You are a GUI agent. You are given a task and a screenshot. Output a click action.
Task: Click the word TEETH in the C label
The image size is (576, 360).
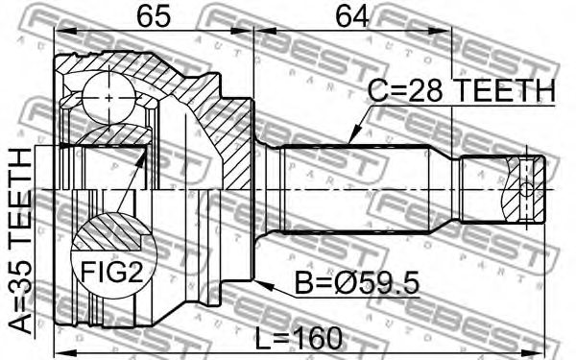click(505, 91)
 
